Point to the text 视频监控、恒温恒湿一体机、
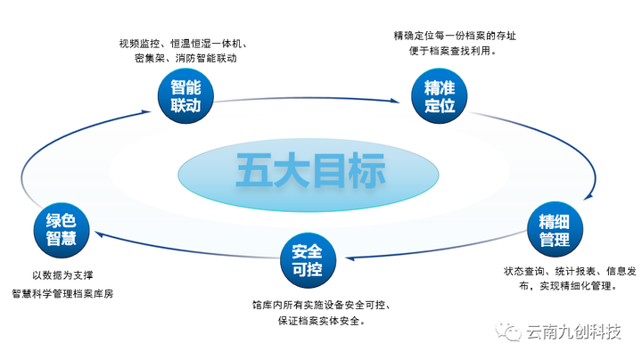coord(184,44)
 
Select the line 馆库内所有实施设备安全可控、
coord(325,306)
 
